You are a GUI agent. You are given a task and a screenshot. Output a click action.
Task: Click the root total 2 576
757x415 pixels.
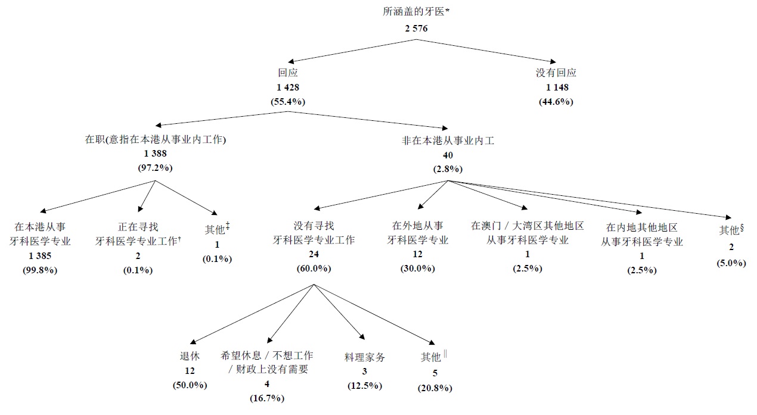pyautogui.click(x=415, y=27)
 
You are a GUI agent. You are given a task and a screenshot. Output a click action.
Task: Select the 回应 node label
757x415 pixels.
pyautogui.click(x=288, y=73)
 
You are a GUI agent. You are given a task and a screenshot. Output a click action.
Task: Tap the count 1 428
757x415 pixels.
pyautogui.click(x=288, y=88)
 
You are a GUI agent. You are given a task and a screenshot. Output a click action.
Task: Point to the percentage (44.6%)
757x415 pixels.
pyautogui.click(x=556, y=101)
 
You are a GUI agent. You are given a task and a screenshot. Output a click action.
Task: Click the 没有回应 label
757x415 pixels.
pyautogui.click(x=556, y=73)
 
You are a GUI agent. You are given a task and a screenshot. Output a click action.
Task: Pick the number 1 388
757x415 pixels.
pyautogui.click(x=155, y=154)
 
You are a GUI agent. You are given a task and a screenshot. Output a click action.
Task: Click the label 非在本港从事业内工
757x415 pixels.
pyautogui.click(x=448, y=141)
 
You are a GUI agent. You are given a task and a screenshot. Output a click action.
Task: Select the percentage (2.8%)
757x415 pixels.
pyautogui.click(x=448, y=169)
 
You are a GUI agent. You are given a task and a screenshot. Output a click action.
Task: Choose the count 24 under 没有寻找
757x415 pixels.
pyautogui.click(x=314, y=254)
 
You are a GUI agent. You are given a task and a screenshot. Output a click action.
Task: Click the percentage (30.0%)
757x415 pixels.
pyautogui.click(x=418, y=268)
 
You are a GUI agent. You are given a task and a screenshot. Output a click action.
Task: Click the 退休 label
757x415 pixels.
pyautogui.click(x=190, y=356)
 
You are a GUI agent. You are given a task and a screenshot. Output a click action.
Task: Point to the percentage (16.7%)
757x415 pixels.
pyautogui.click(x=266, y=397)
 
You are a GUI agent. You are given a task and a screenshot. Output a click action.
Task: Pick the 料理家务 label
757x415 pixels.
pyautogui.click(x=365, y=357)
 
